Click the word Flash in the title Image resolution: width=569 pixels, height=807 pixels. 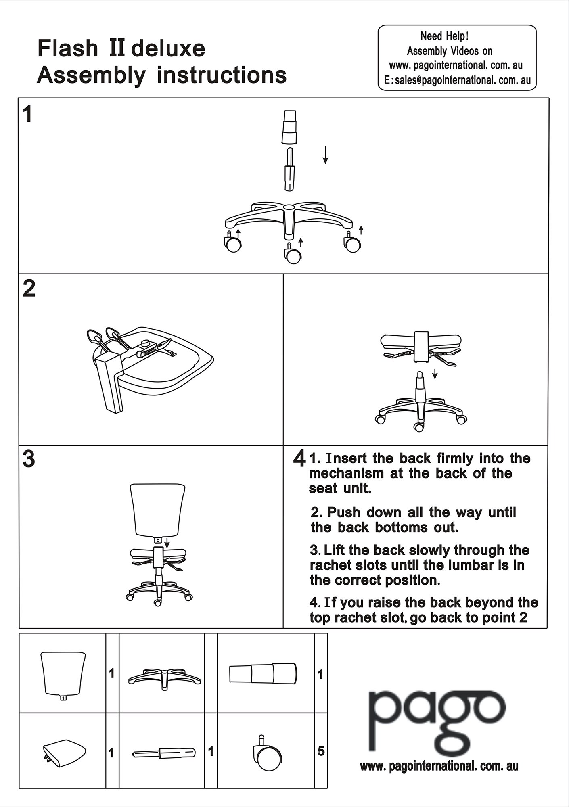point(67,48)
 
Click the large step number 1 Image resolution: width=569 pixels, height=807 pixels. point(27,114)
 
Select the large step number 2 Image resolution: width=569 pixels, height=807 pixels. point(29,289)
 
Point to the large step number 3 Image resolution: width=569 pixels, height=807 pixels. point(29,459)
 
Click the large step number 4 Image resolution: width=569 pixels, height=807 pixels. point(299,459)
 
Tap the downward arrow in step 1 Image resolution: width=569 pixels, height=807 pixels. point(325,155)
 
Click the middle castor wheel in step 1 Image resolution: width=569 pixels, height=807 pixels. point(293,255)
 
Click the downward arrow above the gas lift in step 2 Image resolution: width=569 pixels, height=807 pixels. point(435,374)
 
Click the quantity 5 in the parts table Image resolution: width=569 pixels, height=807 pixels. point(321,751)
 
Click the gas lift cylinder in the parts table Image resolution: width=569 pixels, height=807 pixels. point(164,753)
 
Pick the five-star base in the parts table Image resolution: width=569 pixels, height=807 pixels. point(164,679)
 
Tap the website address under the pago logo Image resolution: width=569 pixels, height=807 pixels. point(439,766)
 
